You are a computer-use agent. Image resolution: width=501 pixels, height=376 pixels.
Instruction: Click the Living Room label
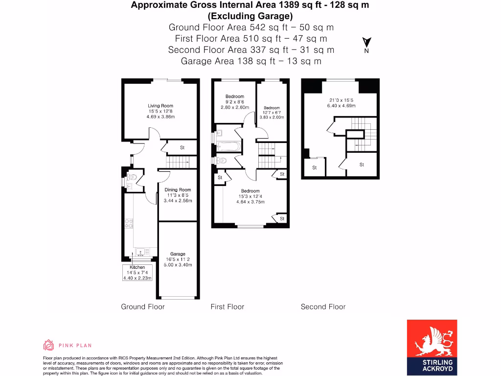[x=160, y=106]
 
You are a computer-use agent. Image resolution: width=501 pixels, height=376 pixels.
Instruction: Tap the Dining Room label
[x=178, y=190]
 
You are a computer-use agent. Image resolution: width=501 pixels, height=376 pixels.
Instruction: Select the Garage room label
[x=178, y=254]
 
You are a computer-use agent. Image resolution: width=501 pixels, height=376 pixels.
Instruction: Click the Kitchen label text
[x=137, y=267]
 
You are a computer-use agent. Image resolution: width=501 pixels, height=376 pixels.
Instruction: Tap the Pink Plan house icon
[x=48, y=345]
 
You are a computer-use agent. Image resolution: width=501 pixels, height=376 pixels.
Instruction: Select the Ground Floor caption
[x=143, y=306]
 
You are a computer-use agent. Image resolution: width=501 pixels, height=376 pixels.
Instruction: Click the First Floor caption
[x=227, y=306]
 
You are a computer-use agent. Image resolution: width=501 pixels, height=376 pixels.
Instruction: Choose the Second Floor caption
[x=323, y=306]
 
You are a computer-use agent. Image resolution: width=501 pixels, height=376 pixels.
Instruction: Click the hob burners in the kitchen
[x=129, y=223]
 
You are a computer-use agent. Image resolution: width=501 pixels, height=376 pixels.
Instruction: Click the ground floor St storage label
[x=182, y=147]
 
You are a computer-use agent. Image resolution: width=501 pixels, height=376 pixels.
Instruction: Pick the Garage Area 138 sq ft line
[x=251, y=61]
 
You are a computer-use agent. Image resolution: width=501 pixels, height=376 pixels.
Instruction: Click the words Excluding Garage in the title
[x=250, y=16]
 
